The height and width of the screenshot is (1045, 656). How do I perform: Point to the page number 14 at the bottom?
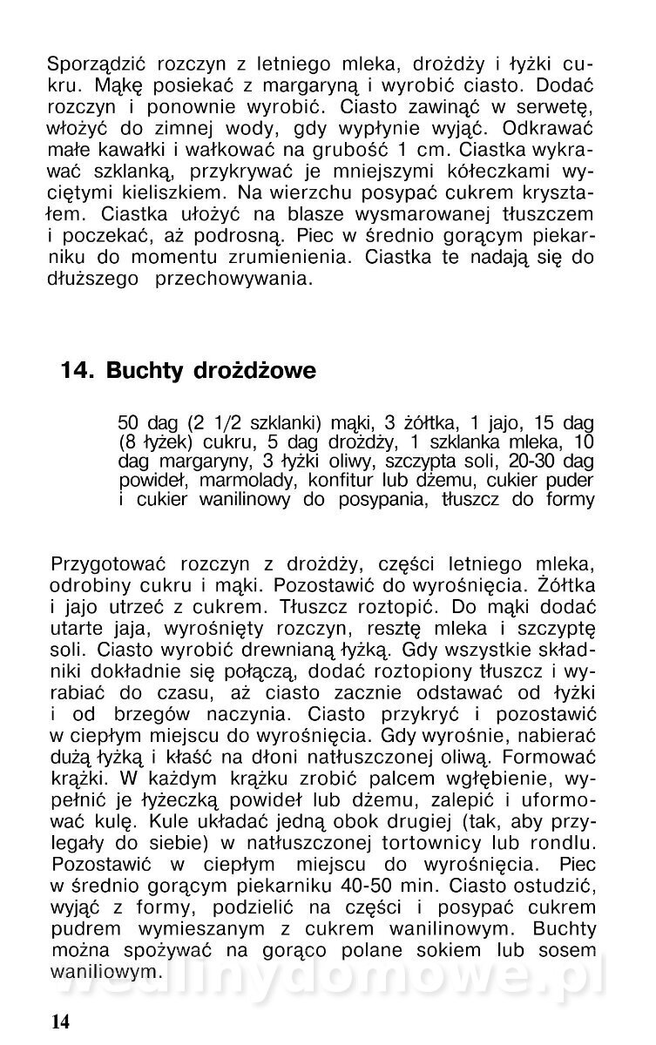(x=62, y=1020)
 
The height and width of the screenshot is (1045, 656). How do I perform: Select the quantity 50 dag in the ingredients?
(x=145, y=424)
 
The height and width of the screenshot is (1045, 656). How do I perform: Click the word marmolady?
(x=241, y=481)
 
